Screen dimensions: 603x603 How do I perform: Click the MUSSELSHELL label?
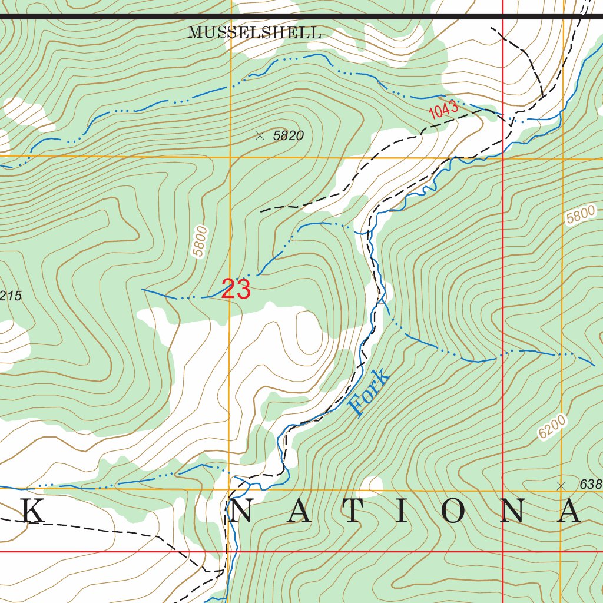254,33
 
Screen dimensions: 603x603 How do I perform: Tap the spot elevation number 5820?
289,136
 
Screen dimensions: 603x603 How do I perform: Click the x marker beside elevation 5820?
260,135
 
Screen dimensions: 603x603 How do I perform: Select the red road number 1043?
443,110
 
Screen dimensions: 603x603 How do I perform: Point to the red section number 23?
236,289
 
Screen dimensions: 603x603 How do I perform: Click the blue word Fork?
369,392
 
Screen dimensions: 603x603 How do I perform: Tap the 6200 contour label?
552,427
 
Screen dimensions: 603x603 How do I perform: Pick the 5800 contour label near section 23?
200,241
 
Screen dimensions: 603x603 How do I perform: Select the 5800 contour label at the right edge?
581,215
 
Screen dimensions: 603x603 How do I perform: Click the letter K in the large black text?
33,511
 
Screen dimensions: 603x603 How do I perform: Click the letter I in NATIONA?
401,511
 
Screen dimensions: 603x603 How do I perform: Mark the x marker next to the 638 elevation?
561,485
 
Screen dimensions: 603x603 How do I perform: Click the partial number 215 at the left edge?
11,296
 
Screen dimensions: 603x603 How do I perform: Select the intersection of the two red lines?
503,552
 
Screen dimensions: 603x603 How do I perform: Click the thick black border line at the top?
294,16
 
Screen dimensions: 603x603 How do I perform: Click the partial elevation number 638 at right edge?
591,485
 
